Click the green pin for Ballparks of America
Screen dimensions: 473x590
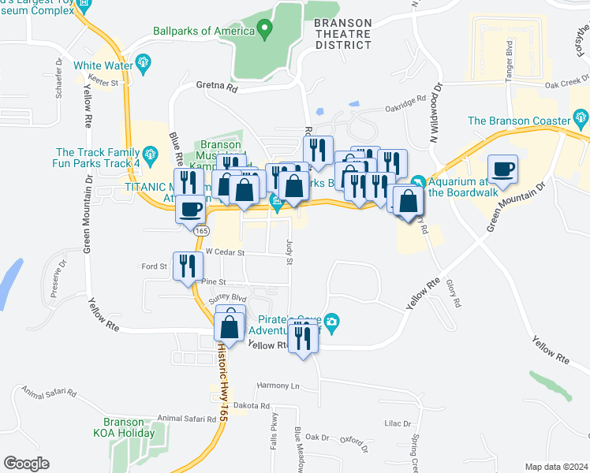pos(265,32)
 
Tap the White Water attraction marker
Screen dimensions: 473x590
pos(143,62)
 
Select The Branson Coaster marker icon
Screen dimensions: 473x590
pos(582,121)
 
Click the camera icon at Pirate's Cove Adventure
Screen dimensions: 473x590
pos(332,321)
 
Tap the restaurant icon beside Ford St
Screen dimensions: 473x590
pos(187,265)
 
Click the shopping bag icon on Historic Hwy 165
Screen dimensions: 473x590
pos(230,324)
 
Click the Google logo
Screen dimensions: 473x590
pos(26,463)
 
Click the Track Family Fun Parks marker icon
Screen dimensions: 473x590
pos(150,153)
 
